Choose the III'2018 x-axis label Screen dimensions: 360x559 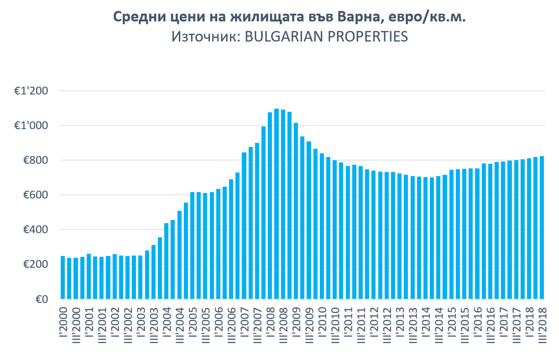click(542, 327)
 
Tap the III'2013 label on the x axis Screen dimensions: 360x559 click(413, 327)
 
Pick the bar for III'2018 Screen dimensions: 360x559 click(542, 228)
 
